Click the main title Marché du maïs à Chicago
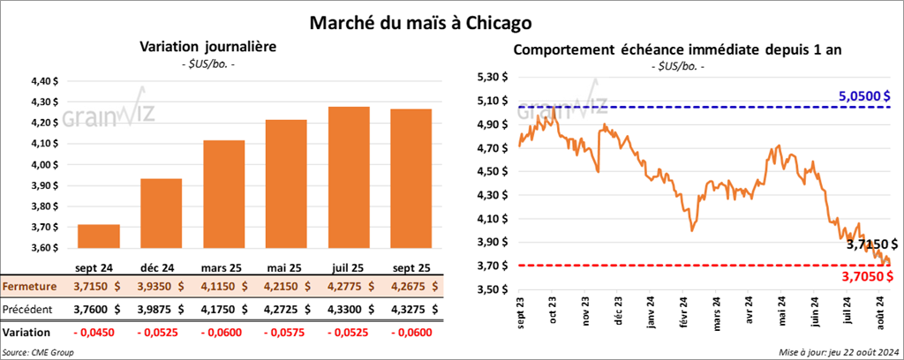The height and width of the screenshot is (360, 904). click(451, 20)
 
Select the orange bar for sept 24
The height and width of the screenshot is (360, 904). click(99, 238)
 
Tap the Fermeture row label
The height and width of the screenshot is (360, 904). click(30, 287)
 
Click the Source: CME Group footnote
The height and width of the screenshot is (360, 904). click(38, 352)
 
